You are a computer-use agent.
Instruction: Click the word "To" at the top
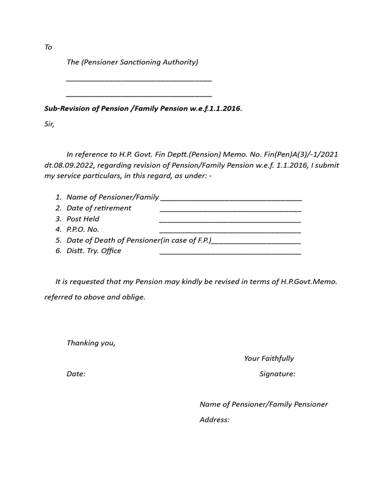pos(48,47)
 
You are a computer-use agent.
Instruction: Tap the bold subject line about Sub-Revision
pos(143,108)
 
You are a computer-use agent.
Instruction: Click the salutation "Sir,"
pos(50,124)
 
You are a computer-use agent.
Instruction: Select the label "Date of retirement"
pos(99,208)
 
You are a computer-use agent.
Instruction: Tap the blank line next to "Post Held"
pos(230,220)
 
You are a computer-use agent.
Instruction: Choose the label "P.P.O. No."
pos(83,230)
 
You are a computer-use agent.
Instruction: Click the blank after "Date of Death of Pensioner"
pos(256,242)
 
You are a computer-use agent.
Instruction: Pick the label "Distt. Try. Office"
pos(94,251)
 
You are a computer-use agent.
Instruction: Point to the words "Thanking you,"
pos(91,343)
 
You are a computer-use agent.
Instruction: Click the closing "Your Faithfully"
pos(269,358)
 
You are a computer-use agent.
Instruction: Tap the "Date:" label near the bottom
pos(76,374)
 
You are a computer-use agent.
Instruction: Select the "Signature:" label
pos(277,374)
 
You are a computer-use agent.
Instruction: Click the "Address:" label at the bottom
pos(215,420)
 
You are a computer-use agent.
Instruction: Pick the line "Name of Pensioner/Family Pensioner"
pos(264,404)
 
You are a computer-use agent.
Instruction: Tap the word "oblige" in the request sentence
pos(133,297)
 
